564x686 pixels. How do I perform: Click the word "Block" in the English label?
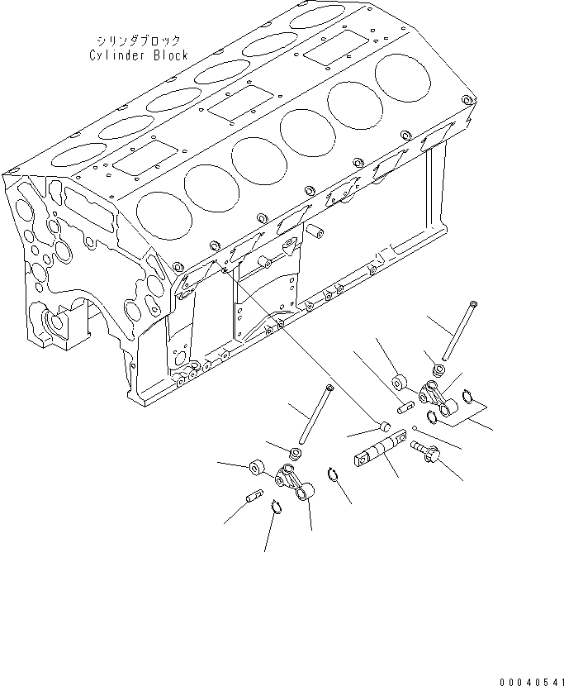point(169,55)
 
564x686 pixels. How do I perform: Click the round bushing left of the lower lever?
point(258,469)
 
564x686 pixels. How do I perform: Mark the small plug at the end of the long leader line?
point(382,426)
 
